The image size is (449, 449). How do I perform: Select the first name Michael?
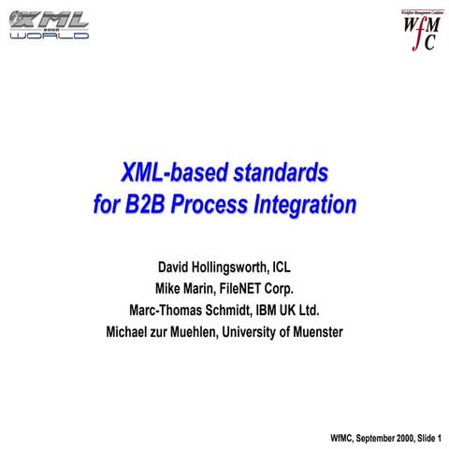[134, 332]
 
